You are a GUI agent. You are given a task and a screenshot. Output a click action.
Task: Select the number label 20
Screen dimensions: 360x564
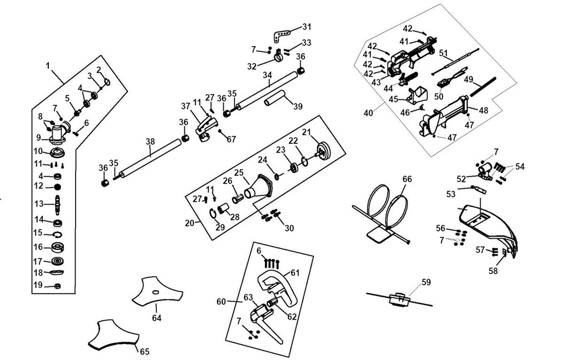coord(189,223)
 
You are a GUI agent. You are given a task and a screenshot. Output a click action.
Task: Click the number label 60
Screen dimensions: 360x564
coord(221,301)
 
